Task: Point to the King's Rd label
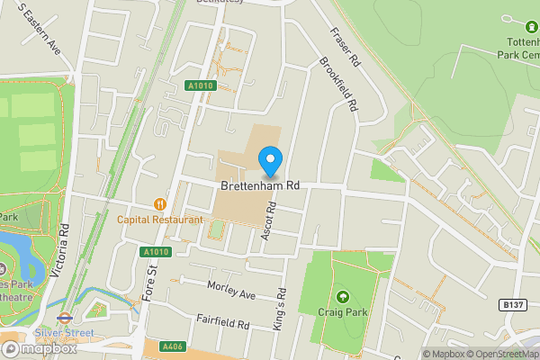point(282,304)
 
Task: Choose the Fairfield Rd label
point(222,321)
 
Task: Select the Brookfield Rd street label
point(337,86)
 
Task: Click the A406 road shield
point(173,346)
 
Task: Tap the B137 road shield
point(514,306)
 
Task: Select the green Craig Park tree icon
point(342,296)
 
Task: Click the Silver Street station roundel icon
point(64,317)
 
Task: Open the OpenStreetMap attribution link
point(502,354)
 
